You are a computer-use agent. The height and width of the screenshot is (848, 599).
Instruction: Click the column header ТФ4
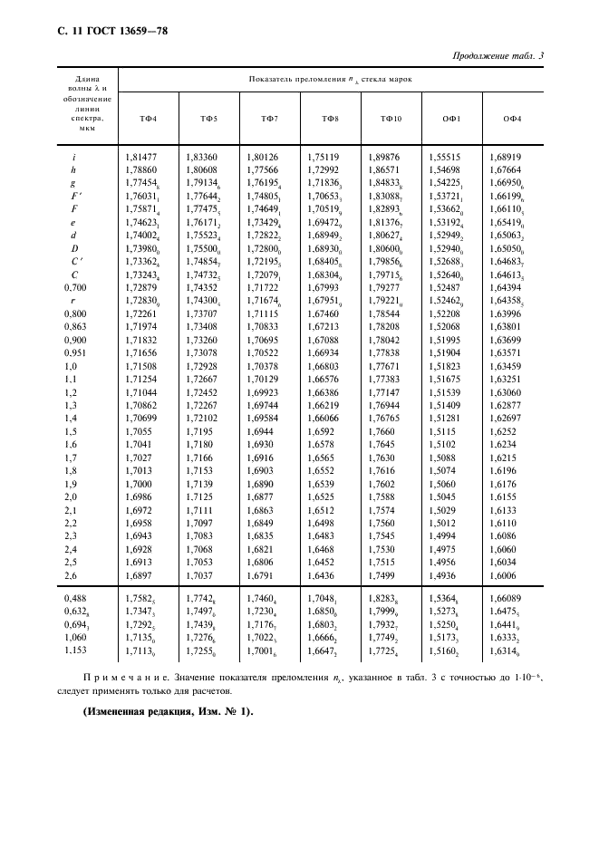coord(147,120)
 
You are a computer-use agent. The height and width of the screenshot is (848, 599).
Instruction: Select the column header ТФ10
coord(391,120)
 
